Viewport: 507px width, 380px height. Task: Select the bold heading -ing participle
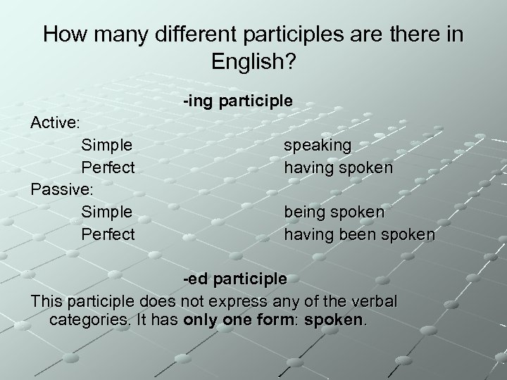(x=237, y=101)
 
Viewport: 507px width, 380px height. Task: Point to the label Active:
(x=56, y=122)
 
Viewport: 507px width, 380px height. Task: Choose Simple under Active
(x=107, y=145)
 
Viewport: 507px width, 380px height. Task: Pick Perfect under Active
(x=108, y=167)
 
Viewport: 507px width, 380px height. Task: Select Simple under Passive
(x=107, y=211)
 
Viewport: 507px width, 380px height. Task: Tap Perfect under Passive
(x=108, y=234)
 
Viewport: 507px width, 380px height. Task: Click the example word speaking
(x=317, y=145)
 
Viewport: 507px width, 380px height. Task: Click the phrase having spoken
(x=338, y=167)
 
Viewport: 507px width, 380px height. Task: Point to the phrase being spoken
(x=334, y=211)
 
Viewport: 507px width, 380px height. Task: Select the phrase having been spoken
(x=359, y=234)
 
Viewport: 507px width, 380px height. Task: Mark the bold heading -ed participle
(x=235, y=279)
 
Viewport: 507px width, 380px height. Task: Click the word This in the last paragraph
(x=46, y=301)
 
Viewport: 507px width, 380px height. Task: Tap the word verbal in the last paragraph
(x=374, y=301)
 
